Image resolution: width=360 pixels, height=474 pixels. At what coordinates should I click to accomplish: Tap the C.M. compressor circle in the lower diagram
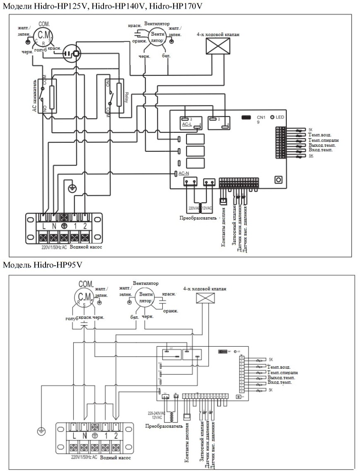85,296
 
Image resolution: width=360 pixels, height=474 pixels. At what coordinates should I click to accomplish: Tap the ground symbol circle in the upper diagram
71,188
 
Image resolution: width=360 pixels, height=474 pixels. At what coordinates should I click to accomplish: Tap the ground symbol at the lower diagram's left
41,431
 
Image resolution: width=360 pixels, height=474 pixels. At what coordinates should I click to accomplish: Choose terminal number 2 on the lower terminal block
116,435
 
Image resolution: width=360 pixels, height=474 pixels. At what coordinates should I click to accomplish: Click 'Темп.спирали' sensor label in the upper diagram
324,140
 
